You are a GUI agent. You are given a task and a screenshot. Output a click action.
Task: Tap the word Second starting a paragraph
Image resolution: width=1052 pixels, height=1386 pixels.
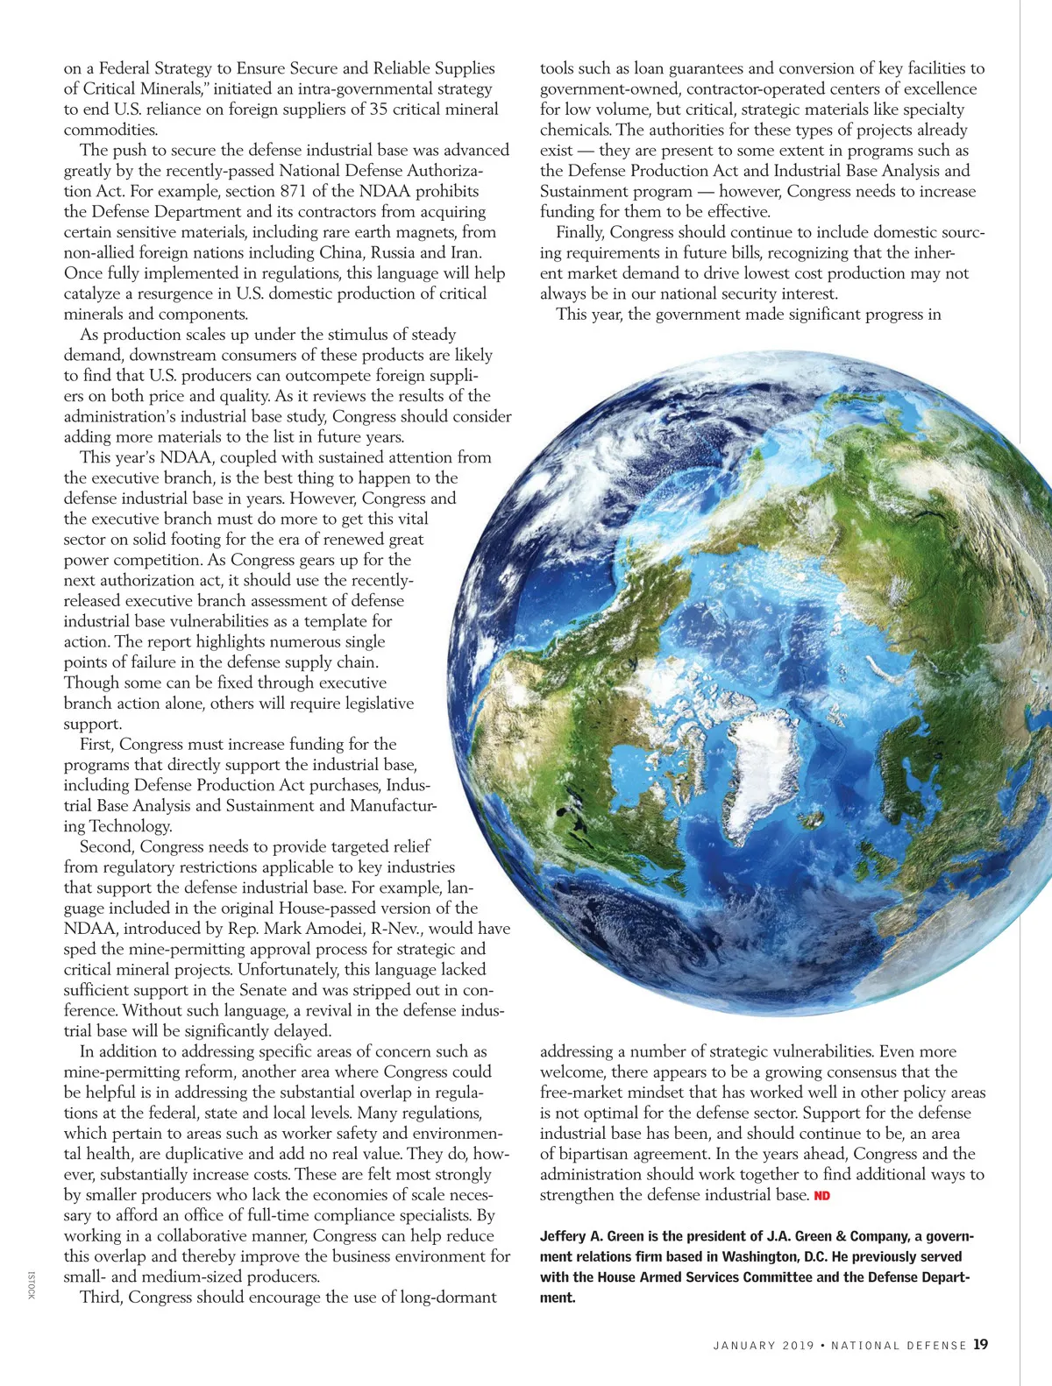point(107,846)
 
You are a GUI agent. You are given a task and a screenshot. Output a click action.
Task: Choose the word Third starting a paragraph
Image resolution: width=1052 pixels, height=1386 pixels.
point(102,1298)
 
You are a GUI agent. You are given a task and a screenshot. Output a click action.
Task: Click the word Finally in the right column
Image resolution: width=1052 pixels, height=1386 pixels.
point(580,232)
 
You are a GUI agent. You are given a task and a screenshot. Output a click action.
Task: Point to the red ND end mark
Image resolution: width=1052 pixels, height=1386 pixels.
point(822,1196)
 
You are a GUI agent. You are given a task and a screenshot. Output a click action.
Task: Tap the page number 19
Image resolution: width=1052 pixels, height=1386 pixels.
point(980,1345)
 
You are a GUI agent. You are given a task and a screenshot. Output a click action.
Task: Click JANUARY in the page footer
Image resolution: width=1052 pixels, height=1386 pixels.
point(744,1346)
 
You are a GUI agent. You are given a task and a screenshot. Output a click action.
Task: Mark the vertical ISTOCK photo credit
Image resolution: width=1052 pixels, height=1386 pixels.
point(32,1285)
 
